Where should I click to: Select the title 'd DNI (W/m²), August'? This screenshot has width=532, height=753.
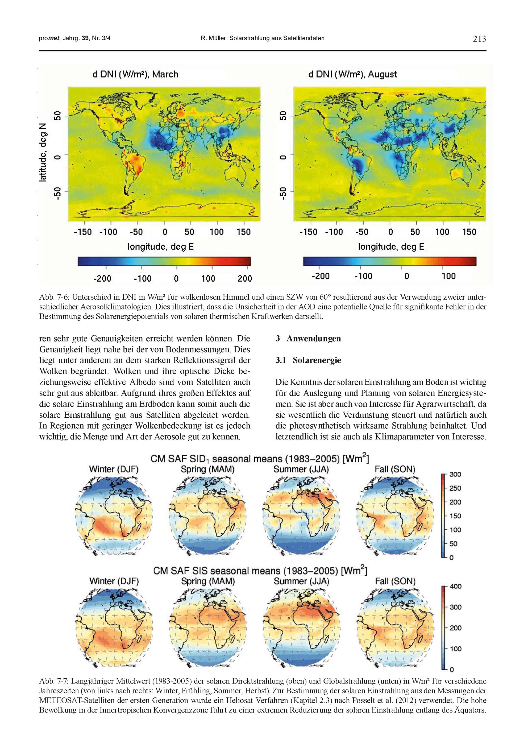tap(352, 74)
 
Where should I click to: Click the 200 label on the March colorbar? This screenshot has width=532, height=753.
tap(245, 278)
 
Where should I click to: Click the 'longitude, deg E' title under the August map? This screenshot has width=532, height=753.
tap(391, 247)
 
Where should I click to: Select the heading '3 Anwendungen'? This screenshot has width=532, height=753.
tap(308, 339)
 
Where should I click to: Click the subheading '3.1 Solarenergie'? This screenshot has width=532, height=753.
tap(308, 360)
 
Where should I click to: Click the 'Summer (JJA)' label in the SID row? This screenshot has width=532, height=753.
tap(301, 470)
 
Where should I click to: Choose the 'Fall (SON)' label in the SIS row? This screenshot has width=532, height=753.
tap(395, 581)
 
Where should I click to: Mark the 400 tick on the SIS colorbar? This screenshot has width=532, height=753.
tap(455, 587)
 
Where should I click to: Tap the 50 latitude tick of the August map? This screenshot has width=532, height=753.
tap(284, 116)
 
